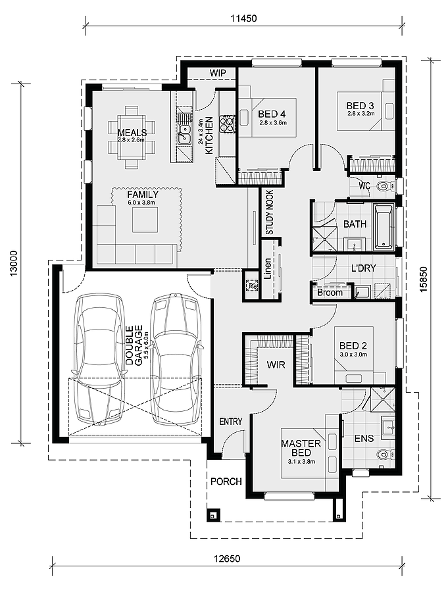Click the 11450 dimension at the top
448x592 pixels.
(x=243, y=18)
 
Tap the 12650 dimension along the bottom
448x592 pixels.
(x=227, y=558)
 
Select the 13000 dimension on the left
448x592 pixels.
(x=14, y=263)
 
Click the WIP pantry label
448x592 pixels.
(x=218, y=73)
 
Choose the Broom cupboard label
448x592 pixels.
(x=330, y=293)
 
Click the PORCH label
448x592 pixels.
(x=226, y=481)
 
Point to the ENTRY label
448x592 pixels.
(x=230, y=422)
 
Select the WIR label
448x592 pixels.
(x=276, y=364)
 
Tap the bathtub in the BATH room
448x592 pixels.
(x=384, y=227)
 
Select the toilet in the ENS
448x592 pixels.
(x=386, y=454)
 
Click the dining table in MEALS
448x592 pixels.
(x=132, y=136)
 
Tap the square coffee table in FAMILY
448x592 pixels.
(x=145, y=219)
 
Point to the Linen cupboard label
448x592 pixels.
(x=268, y=268)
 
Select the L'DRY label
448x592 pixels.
(x=363, y=268)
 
